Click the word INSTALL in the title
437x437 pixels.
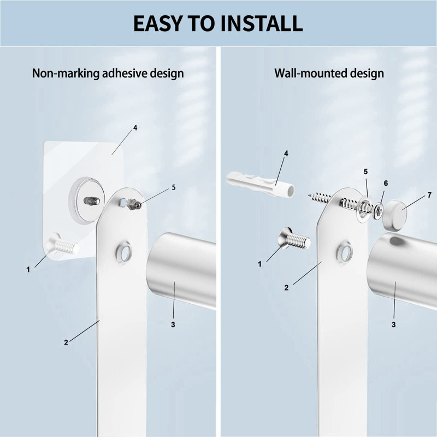click(x=261, y=23)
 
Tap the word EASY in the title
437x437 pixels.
click(x=157, y=23)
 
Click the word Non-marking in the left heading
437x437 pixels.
click(x=66, y=73)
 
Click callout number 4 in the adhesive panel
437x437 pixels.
click(x=135, y=128)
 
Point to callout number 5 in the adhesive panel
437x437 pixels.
click(x=174, y=187)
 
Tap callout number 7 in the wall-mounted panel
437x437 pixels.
click(x=429, y=195)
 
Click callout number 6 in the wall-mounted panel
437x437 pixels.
click(x=386, y=183)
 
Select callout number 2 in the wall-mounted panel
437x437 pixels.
click(x=286, y=288)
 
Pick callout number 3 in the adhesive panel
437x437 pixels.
click(x=173, y=324)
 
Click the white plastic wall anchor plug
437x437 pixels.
click(x=261, y=184)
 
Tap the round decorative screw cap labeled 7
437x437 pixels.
click(x=394, y=214)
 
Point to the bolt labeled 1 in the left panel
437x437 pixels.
click(x=63, y=244)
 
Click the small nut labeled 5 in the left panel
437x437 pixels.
click(x=133, y=204)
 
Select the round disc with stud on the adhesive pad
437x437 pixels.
click(x=87, y=200)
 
